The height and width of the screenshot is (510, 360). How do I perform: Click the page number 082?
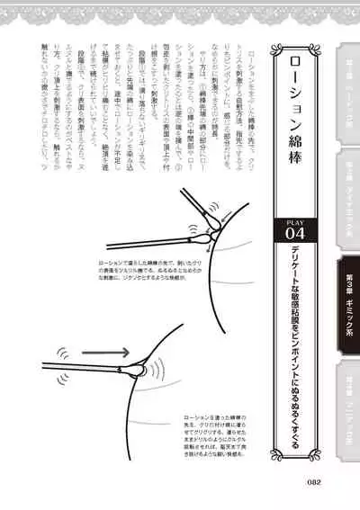[313, 481]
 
